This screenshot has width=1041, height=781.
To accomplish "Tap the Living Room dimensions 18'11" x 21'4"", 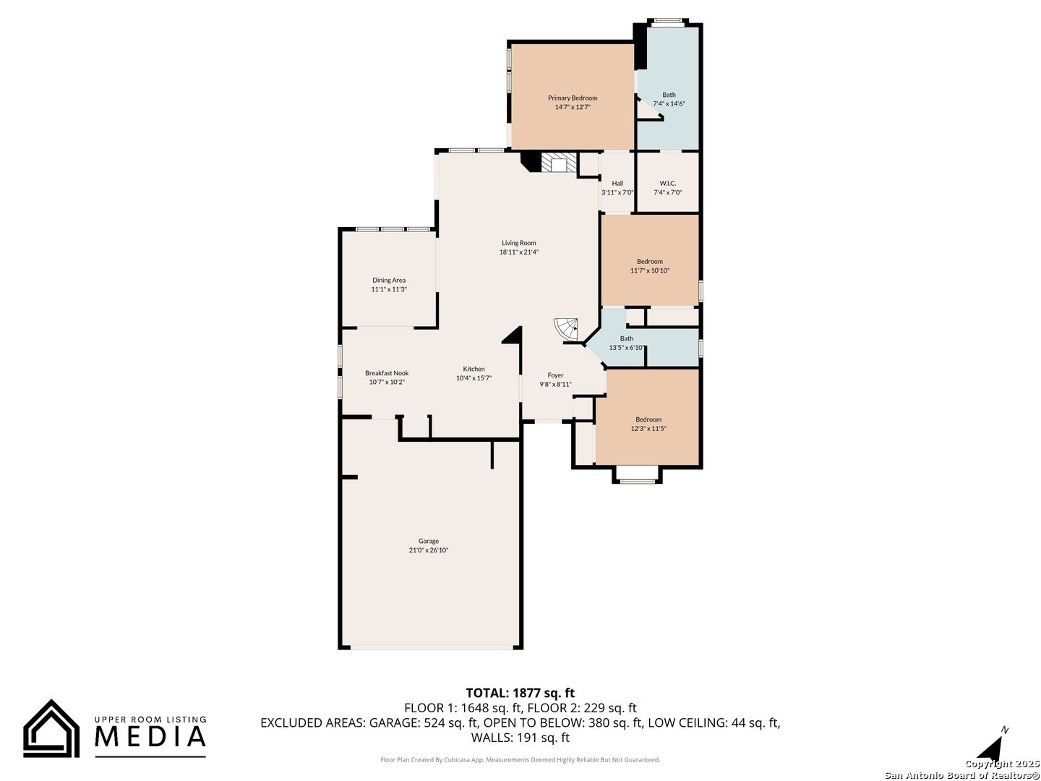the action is [519, 252].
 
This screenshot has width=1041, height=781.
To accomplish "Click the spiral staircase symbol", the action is [566, 330].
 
